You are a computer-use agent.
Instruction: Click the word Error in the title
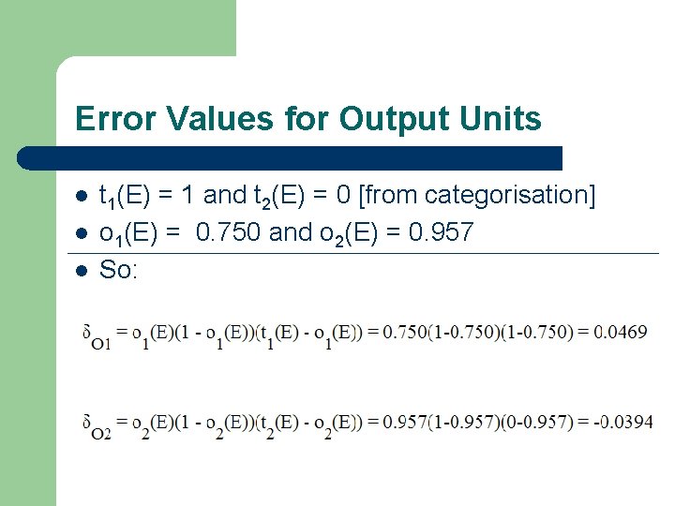tap(108, 119)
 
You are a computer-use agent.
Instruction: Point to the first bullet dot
tap(82, 196)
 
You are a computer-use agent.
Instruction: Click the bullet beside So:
tap(82, 271)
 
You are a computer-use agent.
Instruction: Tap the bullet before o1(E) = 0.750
tap(82, 233)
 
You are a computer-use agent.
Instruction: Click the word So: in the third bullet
tap(118, 270)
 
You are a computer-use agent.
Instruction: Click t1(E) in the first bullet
tap(127, 196)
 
